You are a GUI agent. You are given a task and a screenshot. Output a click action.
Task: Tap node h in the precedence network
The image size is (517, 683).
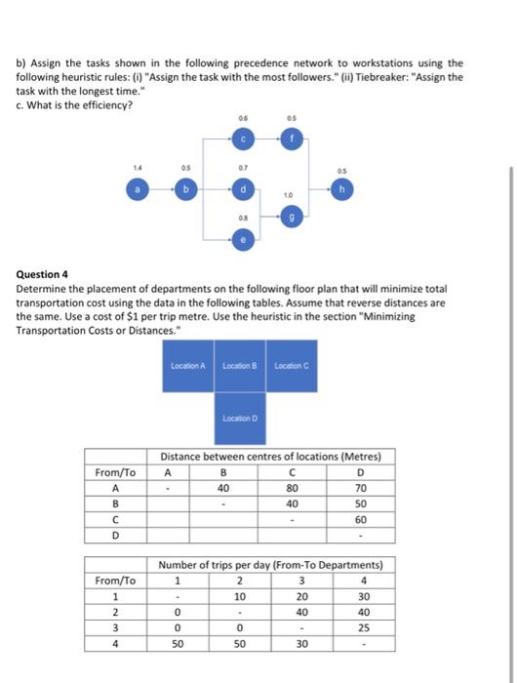(x=340, y=188)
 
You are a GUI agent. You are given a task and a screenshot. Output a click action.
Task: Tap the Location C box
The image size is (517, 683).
(x=292, y=365)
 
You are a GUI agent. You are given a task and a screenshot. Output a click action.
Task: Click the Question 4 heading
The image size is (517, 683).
(x=45, y=276)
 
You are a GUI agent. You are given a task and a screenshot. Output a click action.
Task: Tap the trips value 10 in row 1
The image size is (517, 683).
(x=239, y=596)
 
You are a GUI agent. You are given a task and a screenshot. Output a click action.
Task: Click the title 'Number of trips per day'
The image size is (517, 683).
(x=271, y=565)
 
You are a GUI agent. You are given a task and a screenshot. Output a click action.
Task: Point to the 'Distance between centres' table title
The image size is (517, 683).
(x=271, y=457)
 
